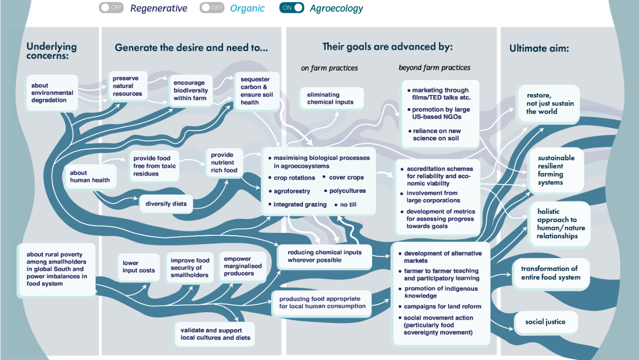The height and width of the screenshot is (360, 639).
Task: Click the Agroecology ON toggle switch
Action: point(291,8)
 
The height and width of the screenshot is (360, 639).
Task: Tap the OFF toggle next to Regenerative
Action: point(111,8)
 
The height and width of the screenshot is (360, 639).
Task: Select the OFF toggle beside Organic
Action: point(212,8)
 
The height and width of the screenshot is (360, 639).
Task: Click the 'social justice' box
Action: point(545,322)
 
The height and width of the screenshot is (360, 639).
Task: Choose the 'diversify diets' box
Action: point(166,204)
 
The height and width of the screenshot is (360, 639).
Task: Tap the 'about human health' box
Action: point(90,176)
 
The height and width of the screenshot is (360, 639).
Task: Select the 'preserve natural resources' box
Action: point(127,86)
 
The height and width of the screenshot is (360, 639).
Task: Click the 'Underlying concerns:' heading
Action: point(51,51)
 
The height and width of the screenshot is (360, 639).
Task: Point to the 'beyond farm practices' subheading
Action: point(434,68)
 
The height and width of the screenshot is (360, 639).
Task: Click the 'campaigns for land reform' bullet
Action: point(442,306)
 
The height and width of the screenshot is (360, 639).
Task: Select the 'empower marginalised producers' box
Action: point(243,266)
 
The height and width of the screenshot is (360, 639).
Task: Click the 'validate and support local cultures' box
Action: point(215,334)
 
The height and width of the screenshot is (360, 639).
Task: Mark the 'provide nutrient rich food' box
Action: point(224,163)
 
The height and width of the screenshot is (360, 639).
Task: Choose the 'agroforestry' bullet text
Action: point(292,191)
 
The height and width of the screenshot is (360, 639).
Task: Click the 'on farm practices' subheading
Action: point(329,68)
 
